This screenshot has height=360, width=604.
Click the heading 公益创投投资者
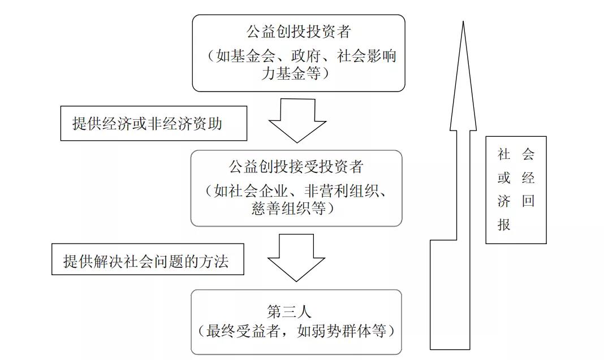tap(299, 31)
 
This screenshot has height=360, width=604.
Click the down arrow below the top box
tap(297, 120)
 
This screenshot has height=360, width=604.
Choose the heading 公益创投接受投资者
tap(296, 167)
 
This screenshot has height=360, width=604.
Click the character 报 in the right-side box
tap(504, 224)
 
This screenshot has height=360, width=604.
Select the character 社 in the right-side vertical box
tap(504, 154)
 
